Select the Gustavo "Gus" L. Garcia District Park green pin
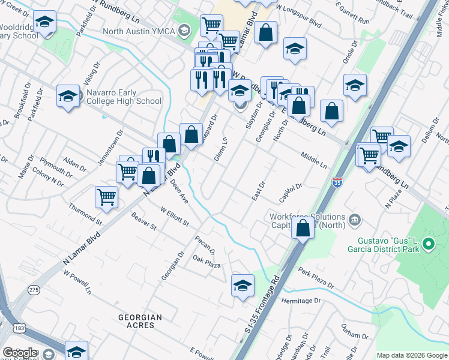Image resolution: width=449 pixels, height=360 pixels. click(x=428, y=245)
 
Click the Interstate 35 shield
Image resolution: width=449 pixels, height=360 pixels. click(x=338, y=181)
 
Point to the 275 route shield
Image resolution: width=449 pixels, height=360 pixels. click(x=34, y=290)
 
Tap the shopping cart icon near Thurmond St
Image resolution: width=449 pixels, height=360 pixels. click(x=106, y=197)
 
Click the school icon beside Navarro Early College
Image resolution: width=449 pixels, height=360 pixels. click(x=68, y=96)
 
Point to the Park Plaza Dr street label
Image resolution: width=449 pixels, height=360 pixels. click(x=316, y=277)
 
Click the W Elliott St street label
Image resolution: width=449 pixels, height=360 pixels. click(x=175, y=216)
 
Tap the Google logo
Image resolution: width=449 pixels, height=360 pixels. click(x=20, y=353)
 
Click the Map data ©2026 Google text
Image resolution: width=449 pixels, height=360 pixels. click(x=411, y=355)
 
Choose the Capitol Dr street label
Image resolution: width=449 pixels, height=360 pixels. click(x=290, y=193)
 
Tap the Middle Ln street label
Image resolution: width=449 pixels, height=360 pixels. click(x=314, y=159)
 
